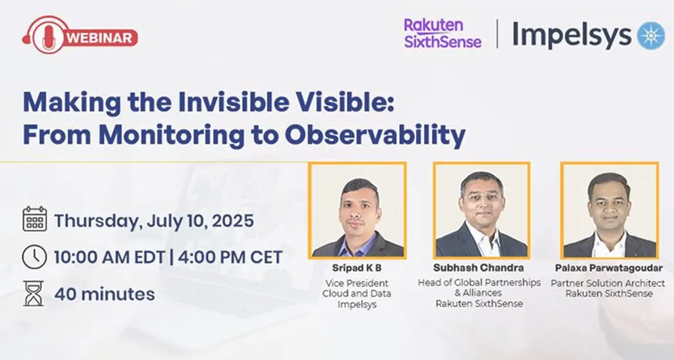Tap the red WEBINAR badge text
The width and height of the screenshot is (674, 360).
point(101,38)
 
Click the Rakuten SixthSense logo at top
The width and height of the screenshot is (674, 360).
point(442,34)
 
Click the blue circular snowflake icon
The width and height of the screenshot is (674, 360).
point(650,35)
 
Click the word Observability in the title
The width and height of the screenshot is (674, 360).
point(375,135)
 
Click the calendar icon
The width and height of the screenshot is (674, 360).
point(34,219)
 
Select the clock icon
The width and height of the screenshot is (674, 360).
point(34,257)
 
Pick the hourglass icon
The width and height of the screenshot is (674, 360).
point(34,293)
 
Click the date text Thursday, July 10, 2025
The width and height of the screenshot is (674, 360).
point(154,221)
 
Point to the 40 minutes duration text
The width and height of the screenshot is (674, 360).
point(105,294)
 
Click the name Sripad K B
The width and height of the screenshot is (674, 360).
point(357,268)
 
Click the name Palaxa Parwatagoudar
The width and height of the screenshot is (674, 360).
point(609,268)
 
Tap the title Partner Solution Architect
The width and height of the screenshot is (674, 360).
point(609,283)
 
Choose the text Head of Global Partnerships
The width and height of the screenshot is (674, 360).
point(479,282)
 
